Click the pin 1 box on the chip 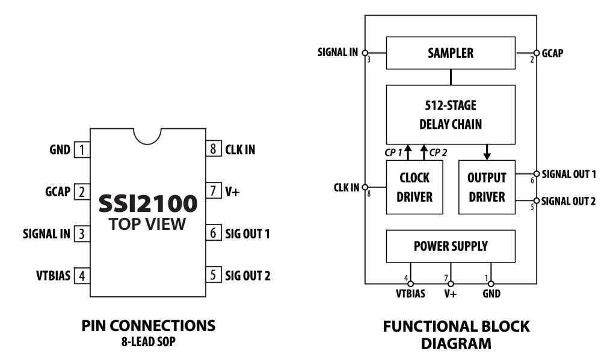[80, 149]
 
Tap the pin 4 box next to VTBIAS [80, 276]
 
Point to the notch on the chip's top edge [147, 135]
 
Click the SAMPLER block [451, 53]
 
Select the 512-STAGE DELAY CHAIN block [451, 114]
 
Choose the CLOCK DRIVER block [414, 187]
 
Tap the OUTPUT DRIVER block [487, 187]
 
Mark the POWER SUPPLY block [451, 246]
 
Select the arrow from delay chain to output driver [487, 152]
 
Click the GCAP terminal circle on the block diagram [537, 53]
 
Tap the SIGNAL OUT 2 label [568, 201]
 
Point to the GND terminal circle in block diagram [491, 284]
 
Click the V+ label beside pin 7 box [233, 191]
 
